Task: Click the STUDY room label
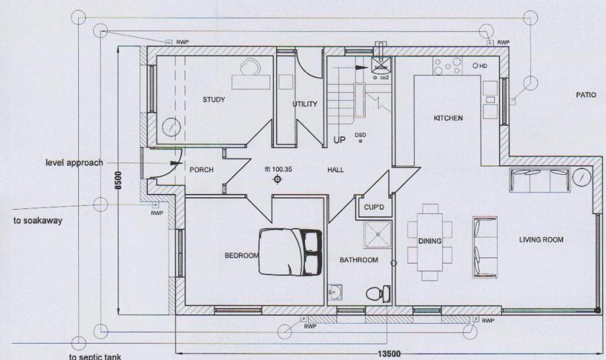tap(214, 100)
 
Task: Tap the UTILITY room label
tap(305, 104)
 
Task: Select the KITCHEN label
tap(448, 118)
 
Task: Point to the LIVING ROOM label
tap(541, 240)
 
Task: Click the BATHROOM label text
tap(358, 260)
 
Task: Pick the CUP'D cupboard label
tap(374, 207)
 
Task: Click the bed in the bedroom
tap(290, 251)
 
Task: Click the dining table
tap(431, 241)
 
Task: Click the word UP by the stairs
tap(339, 140)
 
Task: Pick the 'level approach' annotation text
tap(74, 162)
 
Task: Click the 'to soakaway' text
tap(37, 221)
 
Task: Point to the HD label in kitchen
tap(482, 66)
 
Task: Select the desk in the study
tap(251, 81)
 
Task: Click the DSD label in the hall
tap(360, 135)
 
